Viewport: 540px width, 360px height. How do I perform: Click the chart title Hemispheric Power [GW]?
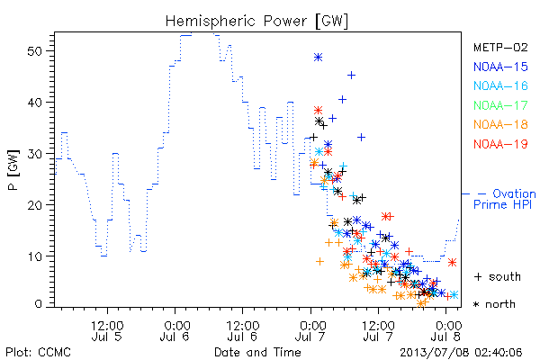point(256,22)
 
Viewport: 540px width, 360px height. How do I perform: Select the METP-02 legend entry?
point(500,47)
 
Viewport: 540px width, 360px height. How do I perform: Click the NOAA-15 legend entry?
point(500,67)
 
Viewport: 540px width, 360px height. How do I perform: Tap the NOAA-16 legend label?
point(500,85)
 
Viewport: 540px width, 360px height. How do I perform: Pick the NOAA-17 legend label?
point(500,105)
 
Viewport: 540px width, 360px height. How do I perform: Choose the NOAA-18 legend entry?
point(500,124)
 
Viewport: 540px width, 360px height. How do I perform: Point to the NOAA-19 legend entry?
point(500,144)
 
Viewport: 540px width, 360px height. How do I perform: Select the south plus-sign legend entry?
point(498,276)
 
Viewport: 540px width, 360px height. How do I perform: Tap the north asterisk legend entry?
point(494,304)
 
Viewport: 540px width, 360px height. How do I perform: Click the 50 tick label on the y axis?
point(34,51)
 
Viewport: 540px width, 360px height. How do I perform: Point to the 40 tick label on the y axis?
point(34,103)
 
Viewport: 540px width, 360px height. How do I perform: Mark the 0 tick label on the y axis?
point(38,304)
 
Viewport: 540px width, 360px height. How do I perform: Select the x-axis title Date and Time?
point(257,352)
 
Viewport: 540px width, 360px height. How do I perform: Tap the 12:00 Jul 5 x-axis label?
point(107,331)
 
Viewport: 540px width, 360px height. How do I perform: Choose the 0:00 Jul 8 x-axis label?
point(446,331)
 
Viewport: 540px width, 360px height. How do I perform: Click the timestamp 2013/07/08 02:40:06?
point(461,353)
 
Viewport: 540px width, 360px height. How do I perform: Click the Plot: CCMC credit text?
point(38,353)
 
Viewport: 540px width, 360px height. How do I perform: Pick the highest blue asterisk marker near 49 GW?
point(319,58)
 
